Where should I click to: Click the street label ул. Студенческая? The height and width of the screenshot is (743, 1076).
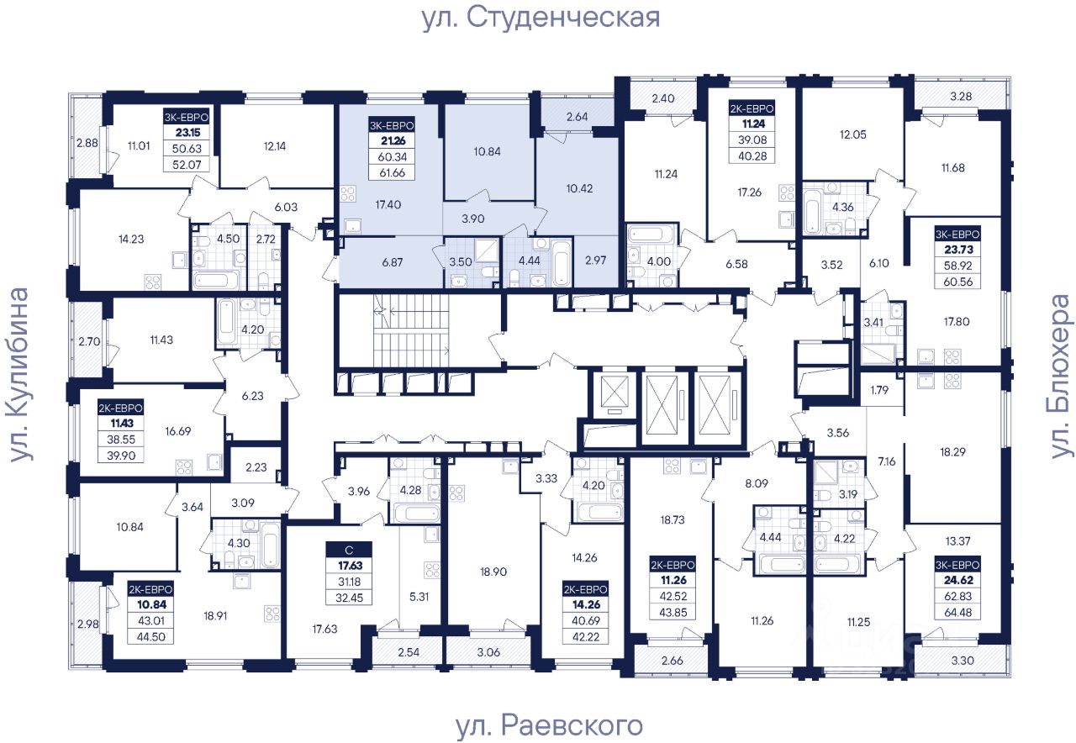point(541,18)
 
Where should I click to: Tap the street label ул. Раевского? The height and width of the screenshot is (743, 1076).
point(548,725)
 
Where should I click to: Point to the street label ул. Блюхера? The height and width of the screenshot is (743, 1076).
point(1062,376)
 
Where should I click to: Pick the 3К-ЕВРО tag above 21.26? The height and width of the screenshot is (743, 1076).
point(392,126)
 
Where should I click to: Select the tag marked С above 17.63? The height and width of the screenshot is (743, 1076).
point(348,550)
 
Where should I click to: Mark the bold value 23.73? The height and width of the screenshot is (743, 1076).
point(958,249)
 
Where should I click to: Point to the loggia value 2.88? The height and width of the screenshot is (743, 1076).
point(87,144)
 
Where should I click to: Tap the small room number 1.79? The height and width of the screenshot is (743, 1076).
point(879,389)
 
